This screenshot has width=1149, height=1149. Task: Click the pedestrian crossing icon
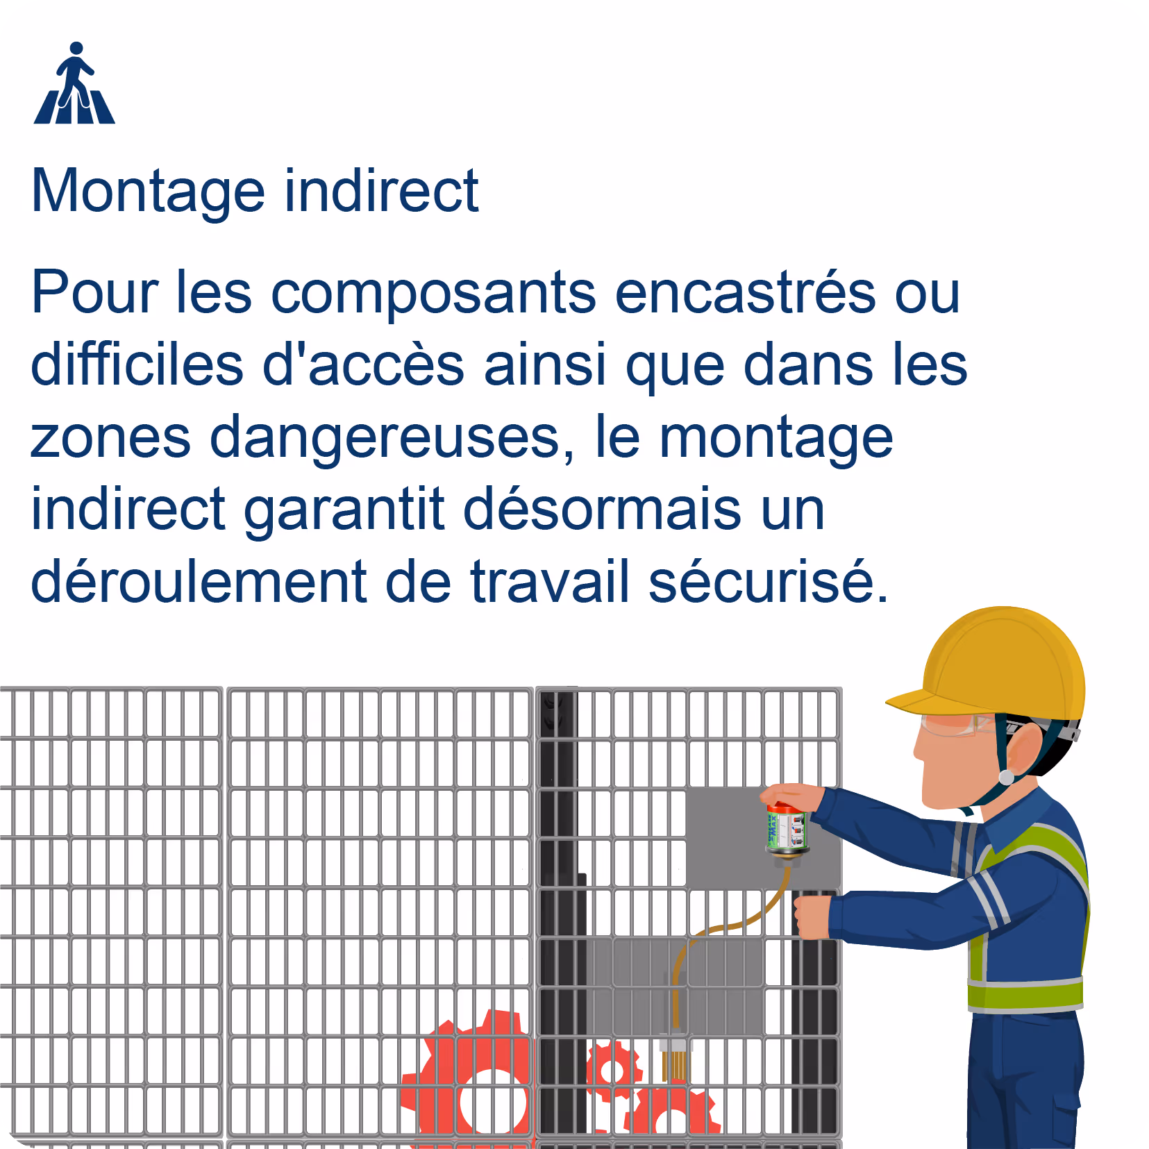(x=74, y=83)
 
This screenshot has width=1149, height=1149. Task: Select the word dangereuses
(x=392, y=440)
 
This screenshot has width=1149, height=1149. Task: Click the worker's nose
(x=918, y=753)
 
